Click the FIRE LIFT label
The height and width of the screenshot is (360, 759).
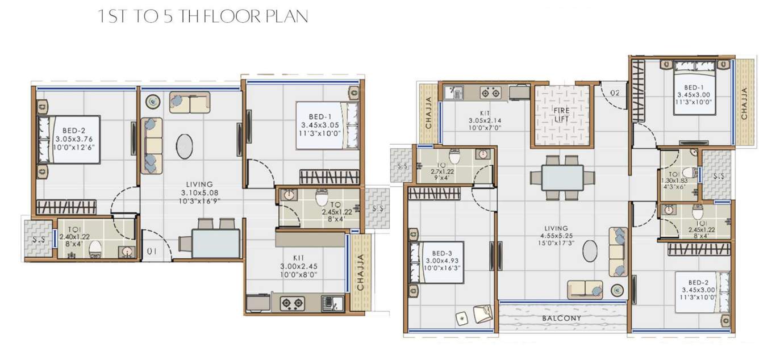[562, 114]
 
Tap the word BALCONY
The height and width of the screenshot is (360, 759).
[561, 319]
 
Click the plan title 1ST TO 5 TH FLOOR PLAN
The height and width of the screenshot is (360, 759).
[203, 16]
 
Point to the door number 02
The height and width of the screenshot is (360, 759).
[615, 92]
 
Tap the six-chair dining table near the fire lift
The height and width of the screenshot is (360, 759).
[562, 178]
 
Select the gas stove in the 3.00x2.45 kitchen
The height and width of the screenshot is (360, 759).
[293, 303]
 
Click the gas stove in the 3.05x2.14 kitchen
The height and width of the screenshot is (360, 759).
[489, 92]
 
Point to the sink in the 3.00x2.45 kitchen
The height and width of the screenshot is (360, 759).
[330, 303]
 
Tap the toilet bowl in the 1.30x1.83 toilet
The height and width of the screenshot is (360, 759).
[689, 173]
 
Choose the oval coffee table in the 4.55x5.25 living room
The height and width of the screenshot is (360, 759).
[590, 250]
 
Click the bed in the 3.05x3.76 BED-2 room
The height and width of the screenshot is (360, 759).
[68, 140]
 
